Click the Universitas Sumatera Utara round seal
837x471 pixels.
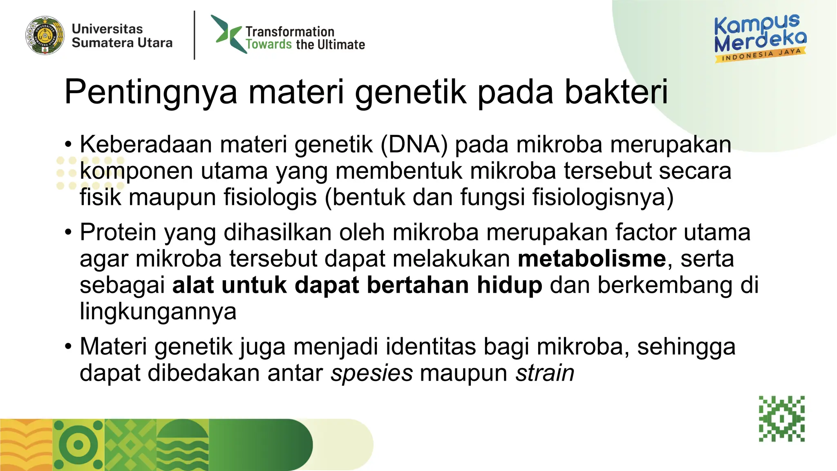45,36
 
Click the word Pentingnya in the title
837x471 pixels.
151,92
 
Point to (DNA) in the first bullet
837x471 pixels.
414,145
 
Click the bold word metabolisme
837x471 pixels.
592,259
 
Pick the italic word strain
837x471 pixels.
545,373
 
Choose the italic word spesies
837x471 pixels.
372,373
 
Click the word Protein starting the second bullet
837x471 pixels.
118,233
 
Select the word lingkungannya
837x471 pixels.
158,312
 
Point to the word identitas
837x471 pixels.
431,347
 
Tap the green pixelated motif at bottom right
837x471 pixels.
782,418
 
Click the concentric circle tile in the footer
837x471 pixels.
78,445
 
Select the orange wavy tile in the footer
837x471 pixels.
26,445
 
